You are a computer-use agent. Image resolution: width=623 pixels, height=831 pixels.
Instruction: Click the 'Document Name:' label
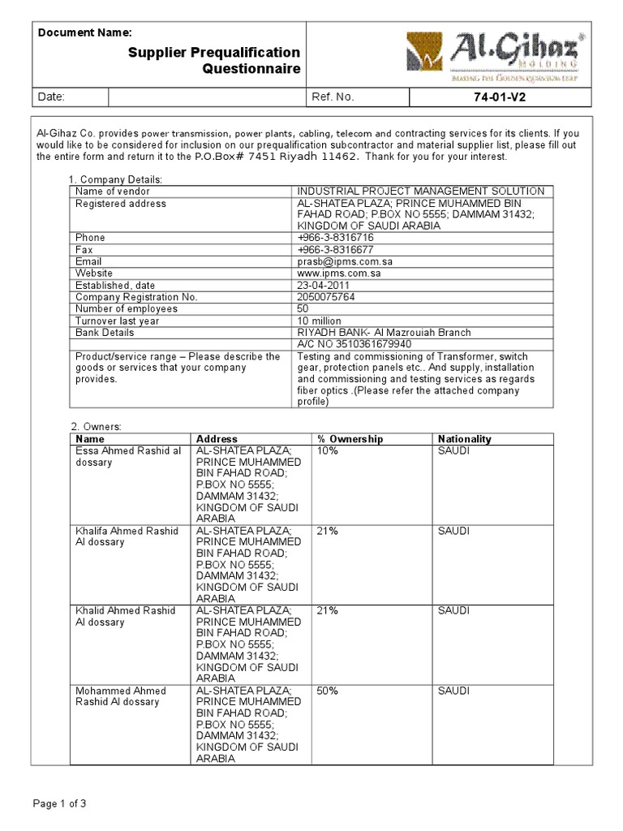click(x=85, y=32)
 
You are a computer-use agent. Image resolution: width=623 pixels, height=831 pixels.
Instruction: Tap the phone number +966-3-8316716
click(x=336, y=238)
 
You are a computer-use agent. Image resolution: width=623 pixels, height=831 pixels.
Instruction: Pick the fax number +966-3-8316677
click(x=336, y=250)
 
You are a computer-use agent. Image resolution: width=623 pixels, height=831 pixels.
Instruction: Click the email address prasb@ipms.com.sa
click(x=345, y=262)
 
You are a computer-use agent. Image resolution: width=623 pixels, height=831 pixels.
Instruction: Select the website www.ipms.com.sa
click(x=339, y=273)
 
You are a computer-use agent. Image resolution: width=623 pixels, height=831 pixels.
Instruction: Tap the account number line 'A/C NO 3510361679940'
click(x=354, y=344)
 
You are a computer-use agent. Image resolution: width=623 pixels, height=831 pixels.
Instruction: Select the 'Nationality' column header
click(x=464, y=439)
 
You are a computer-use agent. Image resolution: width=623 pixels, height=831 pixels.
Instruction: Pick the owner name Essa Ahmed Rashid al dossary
click(x=128, y=457)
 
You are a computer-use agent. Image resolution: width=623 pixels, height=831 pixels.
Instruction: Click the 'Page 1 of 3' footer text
click(x=59, y=804)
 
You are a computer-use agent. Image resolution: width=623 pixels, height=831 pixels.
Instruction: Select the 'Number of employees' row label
click(x=127, y=309)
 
